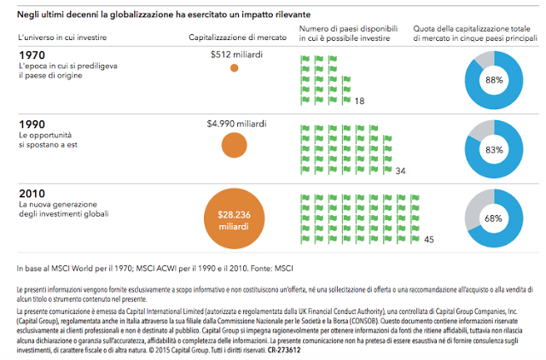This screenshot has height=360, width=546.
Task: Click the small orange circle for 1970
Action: coord(235,68)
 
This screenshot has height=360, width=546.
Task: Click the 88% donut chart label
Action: coord(494,79)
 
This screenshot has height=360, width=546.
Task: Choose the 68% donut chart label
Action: coord(494,218)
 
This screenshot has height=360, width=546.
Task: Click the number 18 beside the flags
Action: coord(359,102)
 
